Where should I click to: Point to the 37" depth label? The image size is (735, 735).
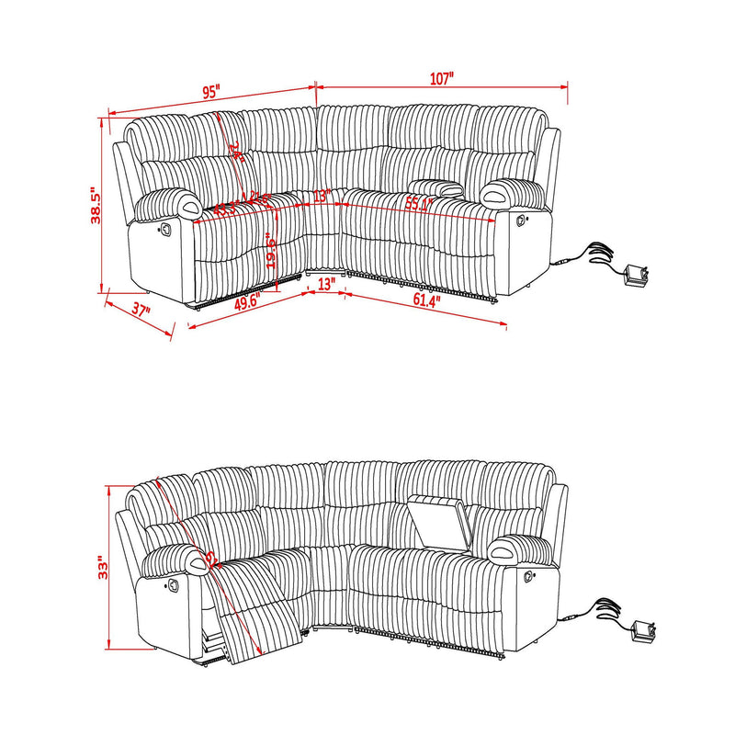coord(141,311)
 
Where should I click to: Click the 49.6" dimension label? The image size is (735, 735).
coord(247,301)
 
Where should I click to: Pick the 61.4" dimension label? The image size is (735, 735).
coord(426,300)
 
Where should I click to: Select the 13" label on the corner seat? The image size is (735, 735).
coord(321,196)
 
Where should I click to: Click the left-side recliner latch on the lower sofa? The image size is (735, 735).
coord(173,584)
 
